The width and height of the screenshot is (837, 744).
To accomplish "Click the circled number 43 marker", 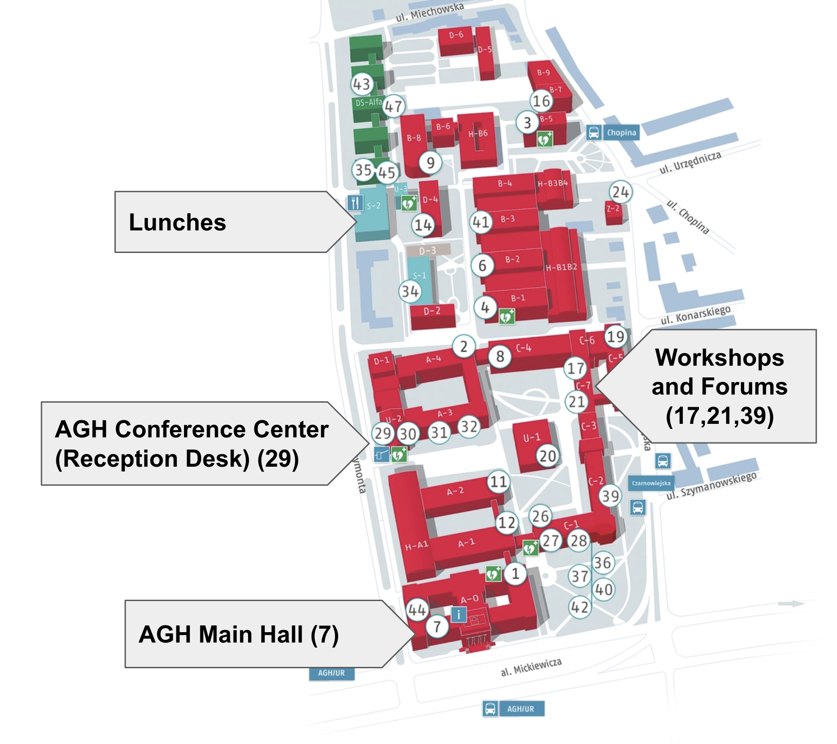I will [362, 84].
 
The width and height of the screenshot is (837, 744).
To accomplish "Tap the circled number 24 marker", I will [621, 193].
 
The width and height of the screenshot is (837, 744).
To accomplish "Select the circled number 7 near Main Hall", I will [437, 626].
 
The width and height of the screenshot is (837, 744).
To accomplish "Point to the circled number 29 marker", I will [383, 433].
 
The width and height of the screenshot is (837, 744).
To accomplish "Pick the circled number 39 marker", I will [611, 496].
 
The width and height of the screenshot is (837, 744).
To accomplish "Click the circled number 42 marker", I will [580, 607].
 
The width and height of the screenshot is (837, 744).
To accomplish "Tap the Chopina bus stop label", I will [621, 133].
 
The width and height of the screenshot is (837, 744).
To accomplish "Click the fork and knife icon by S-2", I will [355, 203].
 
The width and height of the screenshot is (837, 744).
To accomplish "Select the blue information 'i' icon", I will [459, 614].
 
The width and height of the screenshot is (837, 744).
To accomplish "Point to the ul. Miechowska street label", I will [429, 13].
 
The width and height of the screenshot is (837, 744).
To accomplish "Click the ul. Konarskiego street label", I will [695, 315].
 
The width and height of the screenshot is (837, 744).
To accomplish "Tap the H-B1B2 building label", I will [561, 267].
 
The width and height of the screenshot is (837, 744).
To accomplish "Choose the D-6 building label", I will [456, 35].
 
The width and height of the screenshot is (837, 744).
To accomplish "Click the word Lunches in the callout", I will [177, 222].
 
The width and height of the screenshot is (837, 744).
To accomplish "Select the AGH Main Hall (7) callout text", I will [239, 634].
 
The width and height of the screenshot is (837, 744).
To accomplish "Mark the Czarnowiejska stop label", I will [651, 483].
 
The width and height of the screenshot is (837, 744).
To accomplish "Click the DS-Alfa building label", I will [368, 102].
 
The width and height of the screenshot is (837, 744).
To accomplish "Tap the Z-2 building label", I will [613, 208].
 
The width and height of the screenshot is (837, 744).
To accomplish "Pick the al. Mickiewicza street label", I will [531, 667].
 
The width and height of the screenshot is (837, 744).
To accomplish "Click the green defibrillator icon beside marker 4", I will [506, 317].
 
